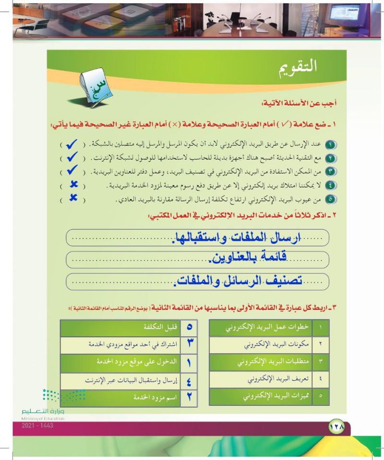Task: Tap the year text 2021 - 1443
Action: pos(37,425)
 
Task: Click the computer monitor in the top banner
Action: pos(363,22)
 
